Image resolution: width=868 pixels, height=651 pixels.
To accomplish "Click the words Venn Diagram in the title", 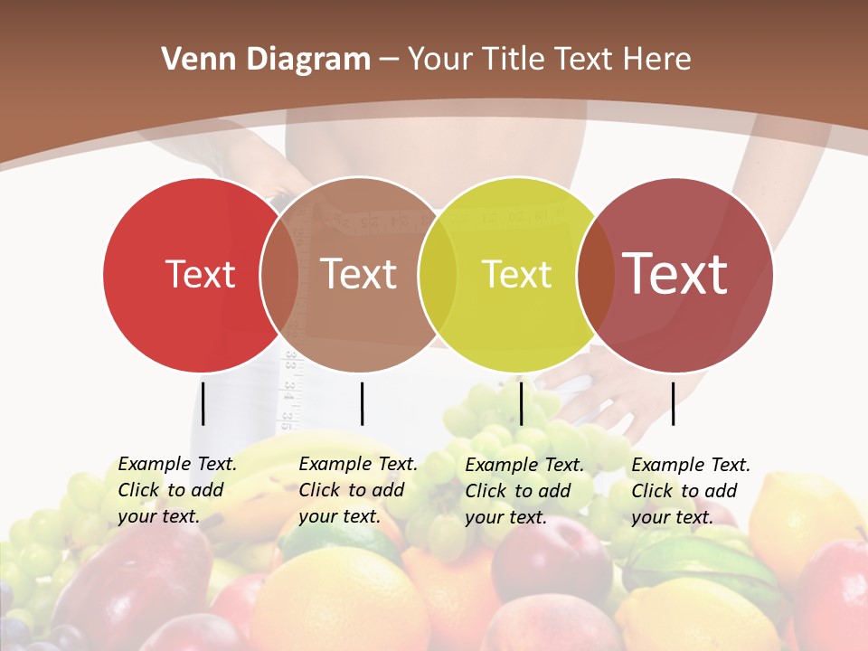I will coord(265,60).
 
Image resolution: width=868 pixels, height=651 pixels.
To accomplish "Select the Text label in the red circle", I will coord(200,274).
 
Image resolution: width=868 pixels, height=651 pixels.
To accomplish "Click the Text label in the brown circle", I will coord(359,274).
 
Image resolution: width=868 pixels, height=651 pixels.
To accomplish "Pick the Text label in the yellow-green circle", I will coord(516,274).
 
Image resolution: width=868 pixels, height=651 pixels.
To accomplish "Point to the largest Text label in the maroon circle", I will coord(675,274).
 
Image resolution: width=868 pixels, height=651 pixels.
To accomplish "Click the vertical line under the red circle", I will coord(203,403).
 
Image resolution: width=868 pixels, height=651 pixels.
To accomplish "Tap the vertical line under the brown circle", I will coord(362,403).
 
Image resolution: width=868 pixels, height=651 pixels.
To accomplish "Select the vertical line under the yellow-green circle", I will coord(521,403).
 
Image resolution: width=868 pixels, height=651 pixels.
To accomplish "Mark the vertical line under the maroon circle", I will coord(674,403).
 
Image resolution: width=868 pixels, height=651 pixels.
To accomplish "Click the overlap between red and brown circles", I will coord(279,274).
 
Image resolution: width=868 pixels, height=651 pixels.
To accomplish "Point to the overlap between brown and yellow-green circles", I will coord(438,274).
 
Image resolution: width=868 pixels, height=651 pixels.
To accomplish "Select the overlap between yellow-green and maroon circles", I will coord(595,274).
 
